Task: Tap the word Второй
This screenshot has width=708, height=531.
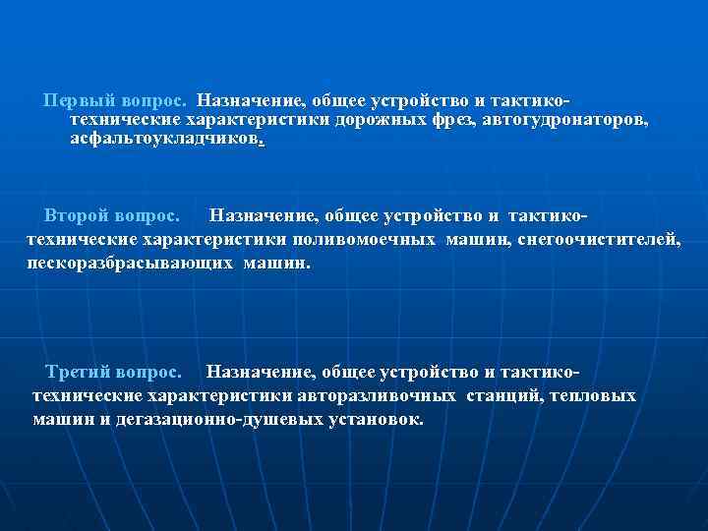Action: point(78,214)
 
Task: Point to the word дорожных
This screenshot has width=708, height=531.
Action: point(377,120)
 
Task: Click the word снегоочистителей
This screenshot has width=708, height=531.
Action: point(601,239)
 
